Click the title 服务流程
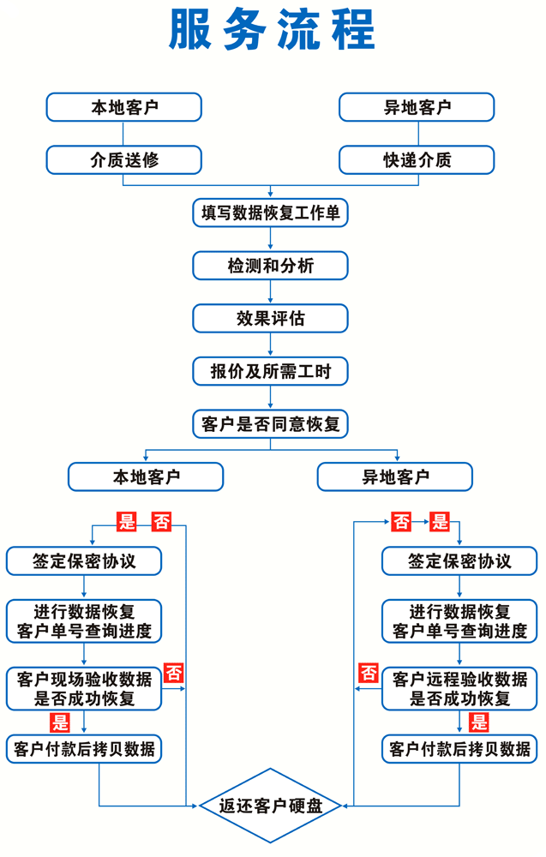click(x=273, y=31)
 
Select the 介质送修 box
click(x=124, y=160)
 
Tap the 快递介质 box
click(x=417, y=160)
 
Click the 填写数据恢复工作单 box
click(x=271, y=213)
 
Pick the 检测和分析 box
click(x=271, y=266)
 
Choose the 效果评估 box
click(x=271, y=318)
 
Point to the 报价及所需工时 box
click(x=271, y=371)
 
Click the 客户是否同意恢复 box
click(x=271, y=423)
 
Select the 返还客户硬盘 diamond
click(x=271, y=806)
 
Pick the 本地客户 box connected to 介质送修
click(x=124, y=107)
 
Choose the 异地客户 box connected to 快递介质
click(x=417, y=107)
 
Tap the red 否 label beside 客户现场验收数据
click(x=174, y=673)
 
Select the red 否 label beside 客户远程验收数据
click(x=369, y=673)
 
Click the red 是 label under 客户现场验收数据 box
click(x=60, y=722)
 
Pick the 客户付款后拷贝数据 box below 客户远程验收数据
click(x=459, y=749)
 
